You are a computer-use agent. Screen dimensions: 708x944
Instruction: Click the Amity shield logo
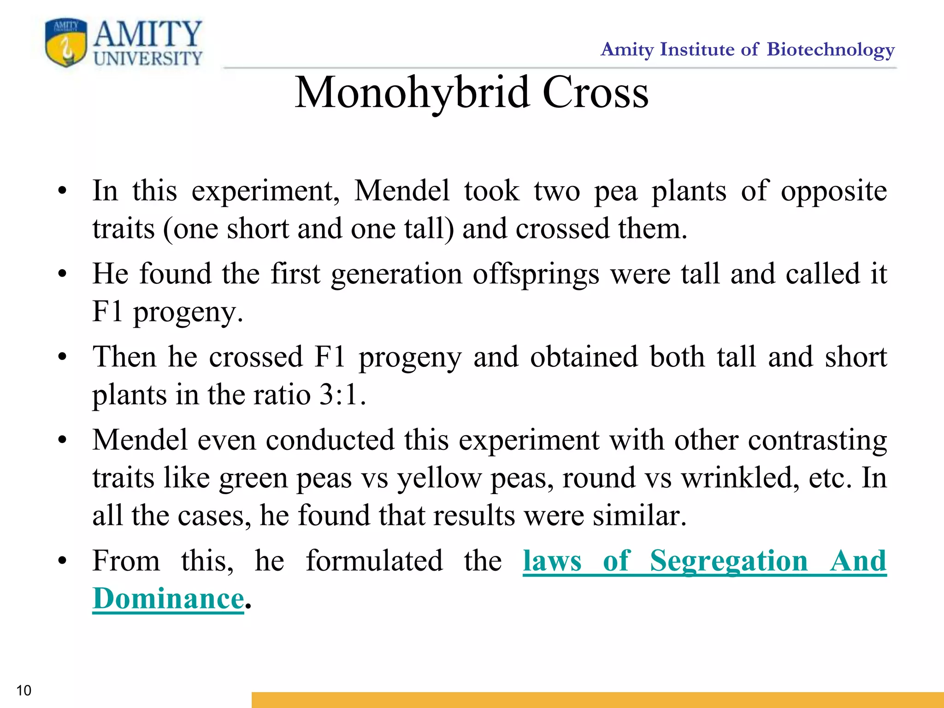(66, 43)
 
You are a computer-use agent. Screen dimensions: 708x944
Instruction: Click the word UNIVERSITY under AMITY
(148, 59)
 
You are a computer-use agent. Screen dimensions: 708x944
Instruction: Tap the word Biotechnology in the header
(830, 49)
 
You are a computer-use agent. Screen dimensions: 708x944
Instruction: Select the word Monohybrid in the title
(412, 93)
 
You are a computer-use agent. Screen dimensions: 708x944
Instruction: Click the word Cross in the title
(595, 93)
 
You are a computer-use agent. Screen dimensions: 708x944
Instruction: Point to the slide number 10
(24, 690)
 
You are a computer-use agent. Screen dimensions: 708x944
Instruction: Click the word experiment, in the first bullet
(265, 191)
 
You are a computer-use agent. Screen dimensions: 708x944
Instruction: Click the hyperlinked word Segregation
(729, 561)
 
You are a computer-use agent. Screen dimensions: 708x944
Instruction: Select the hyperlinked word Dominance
(168, 599)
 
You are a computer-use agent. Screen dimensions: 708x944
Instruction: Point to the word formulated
(374, 561)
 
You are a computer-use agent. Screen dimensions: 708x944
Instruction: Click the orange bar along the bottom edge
(597, 700)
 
